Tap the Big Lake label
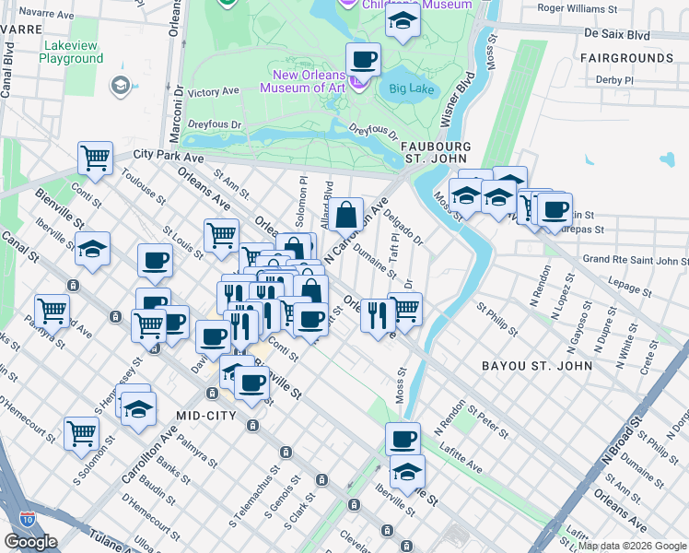coord(410,89)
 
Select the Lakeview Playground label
coord(72,51)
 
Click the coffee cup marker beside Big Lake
coord(363,61)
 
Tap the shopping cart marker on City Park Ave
coord(95,159)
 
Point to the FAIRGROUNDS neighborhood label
coord(627,58)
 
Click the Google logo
coord(31,542)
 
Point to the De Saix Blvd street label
coord(616,34)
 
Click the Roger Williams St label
coord(577,8)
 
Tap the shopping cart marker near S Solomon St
coord(82,433)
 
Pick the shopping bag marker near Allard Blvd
coord(345,216)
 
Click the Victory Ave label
coord(213,92)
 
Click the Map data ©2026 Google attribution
coord(632,547)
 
